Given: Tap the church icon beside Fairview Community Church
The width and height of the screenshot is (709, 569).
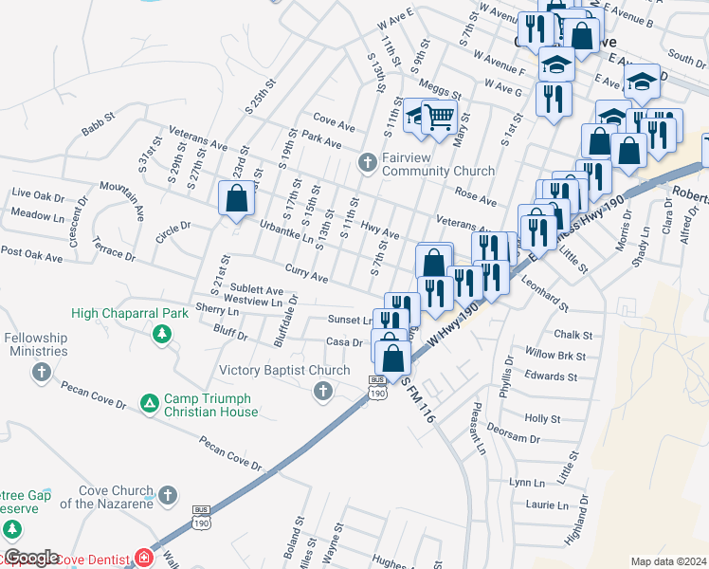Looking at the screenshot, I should pyautogui.click(x=369, y=163).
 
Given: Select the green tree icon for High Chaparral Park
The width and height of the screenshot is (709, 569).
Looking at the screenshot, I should pyautogui.click(x=162, y=333).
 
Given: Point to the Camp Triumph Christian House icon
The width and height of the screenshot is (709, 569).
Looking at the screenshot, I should pyautogui.click(x=149, y=404).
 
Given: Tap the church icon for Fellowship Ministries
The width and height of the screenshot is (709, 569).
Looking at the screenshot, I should pyautogui.click(x=41, y=371).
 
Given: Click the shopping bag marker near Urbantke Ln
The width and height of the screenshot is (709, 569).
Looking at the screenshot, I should pyautogui.click(x=236, y=199).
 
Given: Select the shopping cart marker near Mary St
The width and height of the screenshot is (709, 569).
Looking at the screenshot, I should pyautogui.click(x=440, y=118).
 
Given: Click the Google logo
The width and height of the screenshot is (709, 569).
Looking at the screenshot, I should pyautogui.click(x=30, y=558).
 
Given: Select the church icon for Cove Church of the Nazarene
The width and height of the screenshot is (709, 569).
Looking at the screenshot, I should pyautogui.click(x=168, y=495).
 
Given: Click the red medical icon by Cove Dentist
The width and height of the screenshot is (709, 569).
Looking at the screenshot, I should pyautogui.click(x=144, y=558).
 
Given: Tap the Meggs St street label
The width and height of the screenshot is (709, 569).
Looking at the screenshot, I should pyautogui.click(x=441, y=92).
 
